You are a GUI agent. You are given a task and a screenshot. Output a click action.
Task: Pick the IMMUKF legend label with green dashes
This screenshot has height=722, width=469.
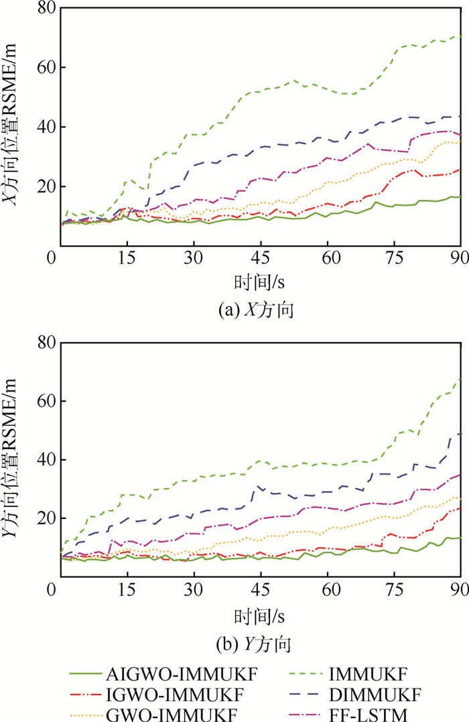362,671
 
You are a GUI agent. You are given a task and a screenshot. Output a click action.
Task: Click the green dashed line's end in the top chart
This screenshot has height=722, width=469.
460,36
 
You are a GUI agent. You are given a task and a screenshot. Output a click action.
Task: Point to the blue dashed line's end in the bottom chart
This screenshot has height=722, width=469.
460,434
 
